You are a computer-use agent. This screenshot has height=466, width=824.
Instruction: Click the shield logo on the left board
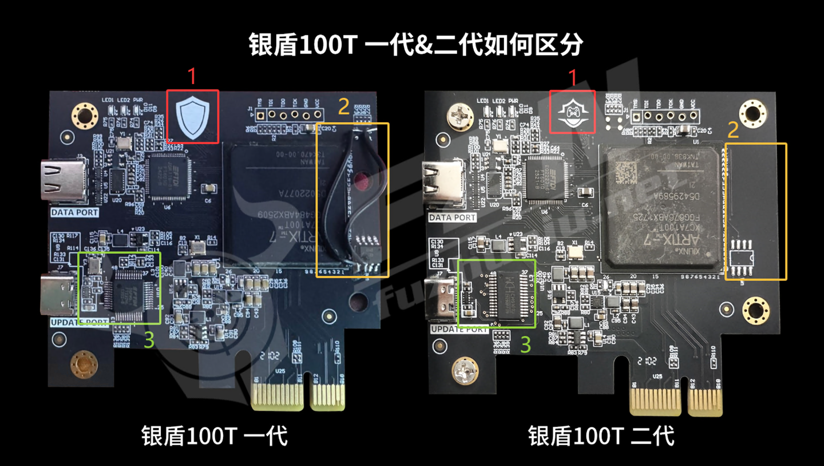pos(193,117)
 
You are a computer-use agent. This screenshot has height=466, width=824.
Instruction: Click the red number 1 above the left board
pos(192,76)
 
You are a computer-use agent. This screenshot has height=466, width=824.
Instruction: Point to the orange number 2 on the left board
pos(344,107)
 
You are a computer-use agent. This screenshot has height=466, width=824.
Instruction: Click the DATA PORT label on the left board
pos(75,213)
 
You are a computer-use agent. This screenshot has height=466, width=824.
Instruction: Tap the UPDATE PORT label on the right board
pos(459,329)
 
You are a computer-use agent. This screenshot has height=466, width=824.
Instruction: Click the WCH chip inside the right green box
pos(508,294)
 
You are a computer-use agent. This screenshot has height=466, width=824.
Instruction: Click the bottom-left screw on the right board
pos(465,371)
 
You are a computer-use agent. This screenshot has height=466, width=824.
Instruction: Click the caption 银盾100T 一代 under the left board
pos(214,436)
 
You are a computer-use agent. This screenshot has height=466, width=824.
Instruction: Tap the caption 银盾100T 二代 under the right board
pos(601,436)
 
